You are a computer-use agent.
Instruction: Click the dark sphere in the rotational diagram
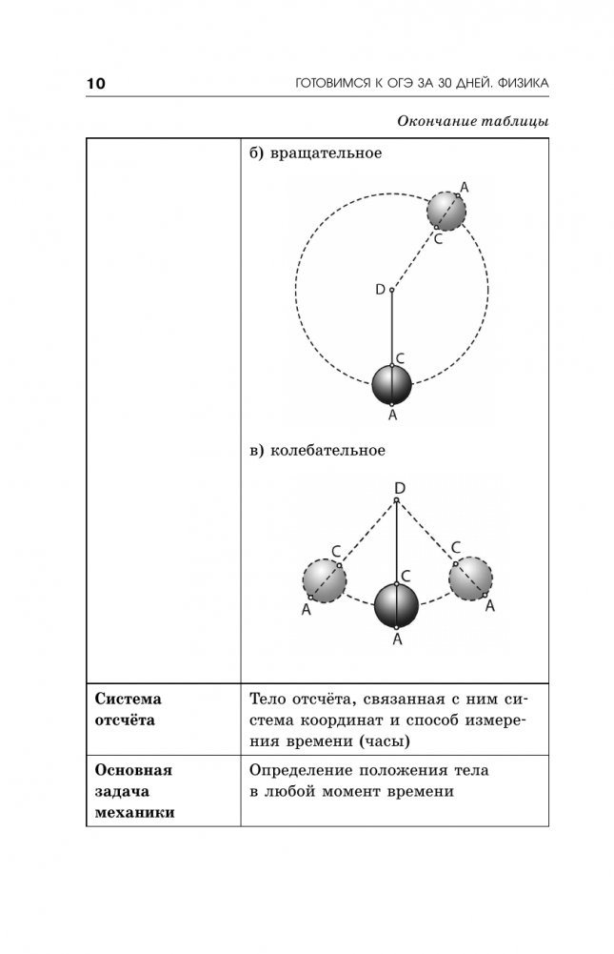tap(391, 385)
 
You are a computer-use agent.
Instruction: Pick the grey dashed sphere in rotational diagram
tap(446, 211)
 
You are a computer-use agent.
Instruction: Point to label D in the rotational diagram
tap(380, 288)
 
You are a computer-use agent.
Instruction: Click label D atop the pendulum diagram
tap(399, 488)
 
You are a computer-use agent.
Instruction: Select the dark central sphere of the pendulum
tap(396, 604)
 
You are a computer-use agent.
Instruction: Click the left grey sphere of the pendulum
tap(324, 580)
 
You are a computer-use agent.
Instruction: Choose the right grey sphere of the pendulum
tap(470, 578)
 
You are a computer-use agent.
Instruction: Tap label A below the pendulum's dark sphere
tap(397, 640)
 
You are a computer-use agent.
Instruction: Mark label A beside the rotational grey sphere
tap(464, 186)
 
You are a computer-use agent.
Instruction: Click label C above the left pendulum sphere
tap(335, 550)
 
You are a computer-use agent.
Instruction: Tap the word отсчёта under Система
tap(126, 720)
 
